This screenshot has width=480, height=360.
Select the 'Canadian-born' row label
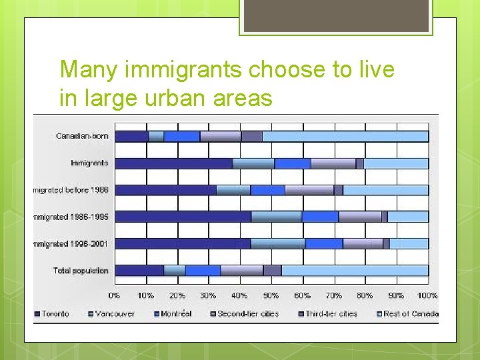[x=82, y=136]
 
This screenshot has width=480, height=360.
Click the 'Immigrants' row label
[x=89, y=163]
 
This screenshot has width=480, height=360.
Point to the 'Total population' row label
[x=81, y=271]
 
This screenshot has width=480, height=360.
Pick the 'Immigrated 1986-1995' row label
[x=71, y=217]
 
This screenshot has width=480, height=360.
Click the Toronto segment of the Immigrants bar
[x=173, y=163]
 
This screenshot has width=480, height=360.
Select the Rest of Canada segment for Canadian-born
[x=345, y=137]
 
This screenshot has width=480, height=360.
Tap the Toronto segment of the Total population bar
[x=139, y=271]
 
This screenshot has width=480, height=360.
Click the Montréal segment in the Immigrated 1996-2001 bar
[x=323, y=244]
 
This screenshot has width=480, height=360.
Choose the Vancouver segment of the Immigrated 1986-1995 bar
[x=276, y=217]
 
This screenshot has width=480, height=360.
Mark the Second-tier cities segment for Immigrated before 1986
[x=309, y=190]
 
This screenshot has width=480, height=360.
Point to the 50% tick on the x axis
[x=271, y=295]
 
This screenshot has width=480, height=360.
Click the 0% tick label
[x=115, y=295]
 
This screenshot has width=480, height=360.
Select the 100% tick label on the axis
[x=427, y=295]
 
